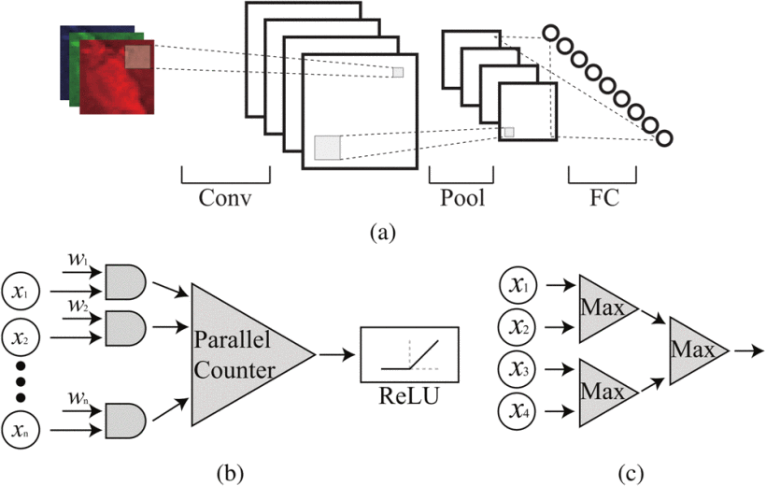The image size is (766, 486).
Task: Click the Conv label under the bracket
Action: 225,199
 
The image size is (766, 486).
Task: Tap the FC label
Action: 603,199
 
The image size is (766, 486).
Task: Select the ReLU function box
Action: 409,354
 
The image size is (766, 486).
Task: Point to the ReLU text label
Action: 409,395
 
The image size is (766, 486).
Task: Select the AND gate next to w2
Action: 124,326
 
